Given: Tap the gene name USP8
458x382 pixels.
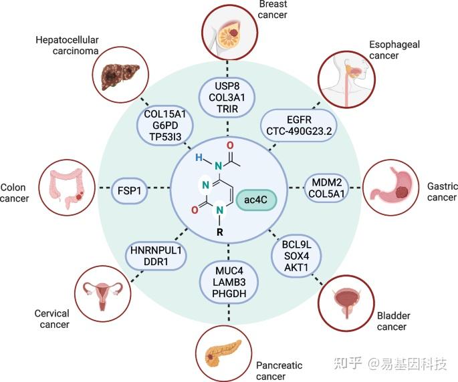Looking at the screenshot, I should coord(229,87).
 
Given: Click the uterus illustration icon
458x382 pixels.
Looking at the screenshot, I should coord(101,293).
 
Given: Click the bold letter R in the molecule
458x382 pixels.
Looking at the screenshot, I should coord(220,232).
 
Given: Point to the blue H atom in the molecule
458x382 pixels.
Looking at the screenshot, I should coord(198,158).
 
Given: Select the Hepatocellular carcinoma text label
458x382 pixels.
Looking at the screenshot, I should coord(66,45).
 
